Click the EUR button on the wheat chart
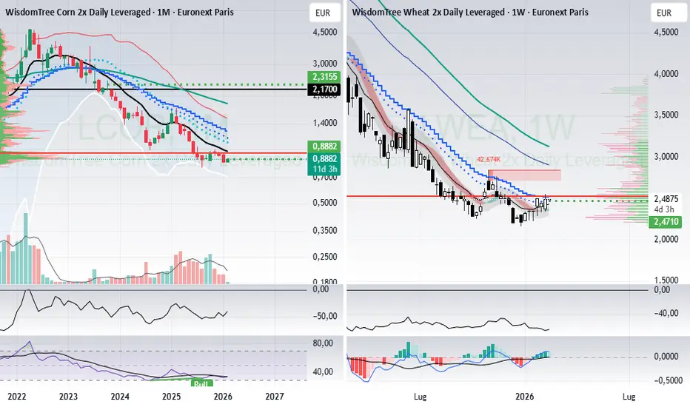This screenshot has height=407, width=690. tap(664, 13)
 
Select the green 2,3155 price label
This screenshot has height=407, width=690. tap(324, 76)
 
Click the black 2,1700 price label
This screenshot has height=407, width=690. tap(324, 90)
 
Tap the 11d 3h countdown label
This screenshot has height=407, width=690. tap(323, 169)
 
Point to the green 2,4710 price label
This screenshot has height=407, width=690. tap(663, 221)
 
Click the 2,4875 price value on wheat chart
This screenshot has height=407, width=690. tap(663, 199)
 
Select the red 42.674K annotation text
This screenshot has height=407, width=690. tap(490, 159)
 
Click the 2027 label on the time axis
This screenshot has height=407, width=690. tap(275, 396)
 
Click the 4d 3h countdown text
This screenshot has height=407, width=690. tap(660, 209)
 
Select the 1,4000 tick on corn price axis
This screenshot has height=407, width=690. tap(324, 123)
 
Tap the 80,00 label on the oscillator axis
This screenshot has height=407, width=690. tap(323, 343)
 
